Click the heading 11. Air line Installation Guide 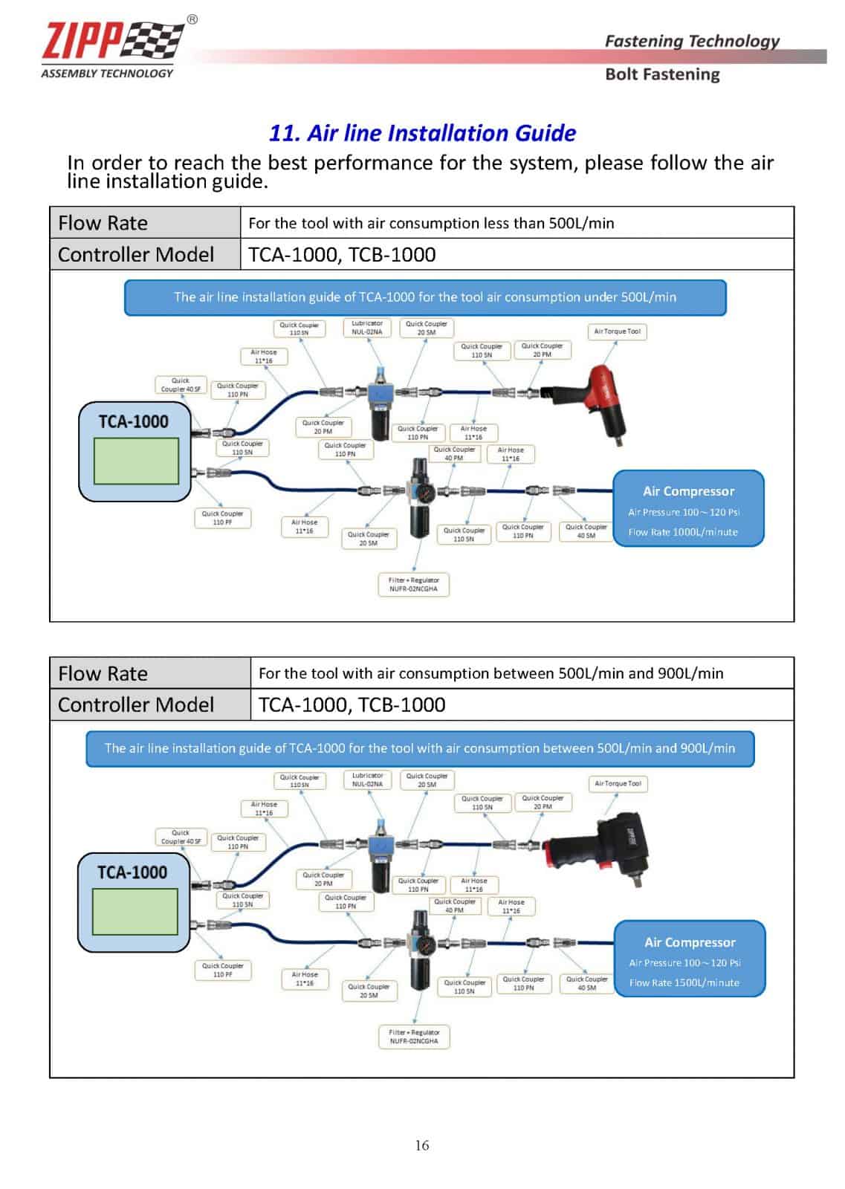422,133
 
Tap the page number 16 422,1145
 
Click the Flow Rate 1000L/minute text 682,532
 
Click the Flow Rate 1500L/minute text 684,982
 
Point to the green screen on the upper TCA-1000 135,461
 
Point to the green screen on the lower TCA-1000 135,911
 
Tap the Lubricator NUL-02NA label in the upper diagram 367,328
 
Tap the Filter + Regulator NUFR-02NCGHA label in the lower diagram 414,1037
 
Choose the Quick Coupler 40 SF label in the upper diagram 181,385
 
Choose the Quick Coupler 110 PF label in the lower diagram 222,970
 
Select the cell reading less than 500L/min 431,223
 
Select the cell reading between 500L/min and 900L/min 491,673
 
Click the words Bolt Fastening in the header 662,74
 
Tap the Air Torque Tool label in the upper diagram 617,331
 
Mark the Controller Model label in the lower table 136,704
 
